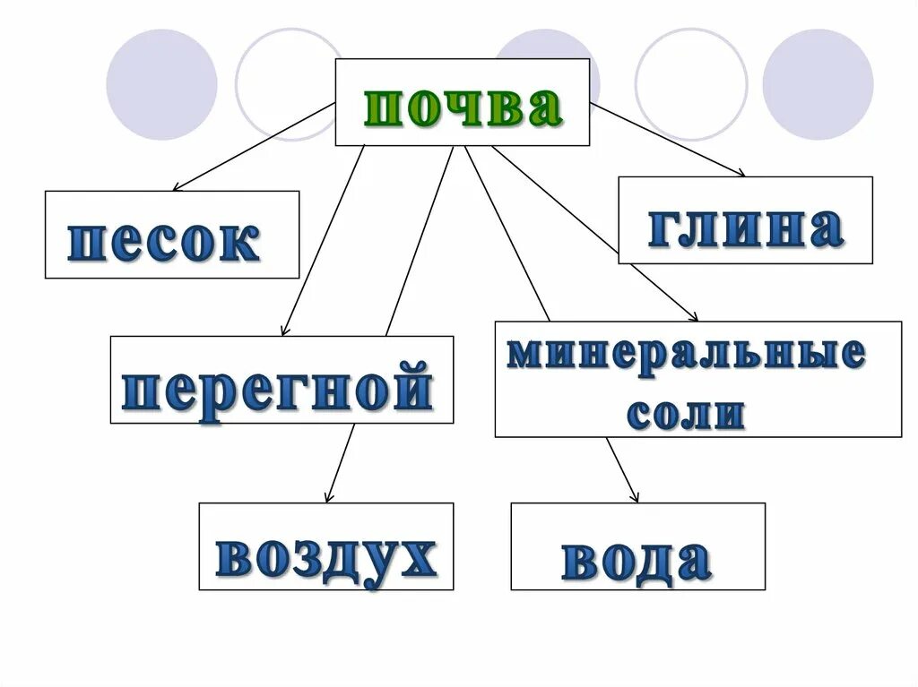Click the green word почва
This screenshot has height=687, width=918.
(x=463, y=108)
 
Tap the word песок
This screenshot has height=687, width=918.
(x=164, y=241)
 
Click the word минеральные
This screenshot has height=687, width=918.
(x=687, y=355)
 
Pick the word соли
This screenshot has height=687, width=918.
(x=686, y=414)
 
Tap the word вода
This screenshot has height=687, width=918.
(x=637, y=560)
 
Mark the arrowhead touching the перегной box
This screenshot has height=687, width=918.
(x=285, y=331)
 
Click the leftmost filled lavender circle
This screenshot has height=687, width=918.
(x=161, y=85)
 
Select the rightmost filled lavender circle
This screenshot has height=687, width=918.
(x=818, y=85)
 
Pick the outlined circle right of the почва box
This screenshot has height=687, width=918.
(x=690, y=85)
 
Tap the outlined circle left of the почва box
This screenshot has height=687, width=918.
(x=287, y=85)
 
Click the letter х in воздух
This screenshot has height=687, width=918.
(x=415, y=557)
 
